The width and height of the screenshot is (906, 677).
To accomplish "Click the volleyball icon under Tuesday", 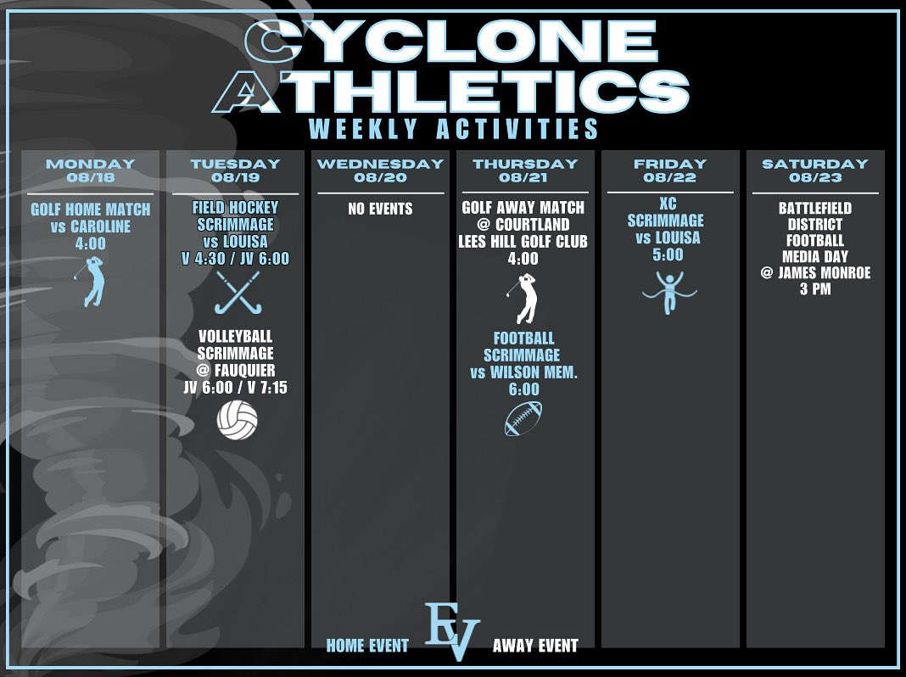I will pos(237,420).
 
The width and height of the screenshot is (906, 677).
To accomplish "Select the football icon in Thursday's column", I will pos(523,419).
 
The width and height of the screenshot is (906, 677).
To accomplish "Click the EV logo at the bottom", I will pos(452,631).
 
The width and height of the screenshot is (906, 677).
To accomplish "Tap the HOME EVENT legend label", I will pos(367,646).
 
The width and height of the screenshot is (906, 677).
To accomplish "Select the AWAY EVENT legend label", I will pos(535,646).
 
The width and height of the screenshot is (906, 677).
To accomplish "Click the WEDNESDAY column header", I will pos(380,164).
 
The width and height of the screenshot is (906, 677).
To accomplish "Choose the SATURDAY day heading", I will pos(815,164).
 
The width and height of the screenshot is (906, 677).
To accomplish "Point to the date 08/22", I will pos(669,178).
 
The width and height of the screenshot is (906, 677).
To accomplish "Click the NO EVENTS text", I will pos(380,209).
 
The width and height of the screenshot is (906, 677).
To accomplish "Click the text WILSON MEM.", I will pos(534,372).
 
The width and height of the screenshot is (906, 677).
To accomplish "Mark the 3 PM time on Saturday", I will pos(814,289).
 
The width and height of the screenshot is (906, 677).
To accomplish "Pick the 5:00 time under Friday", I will pos(668,254).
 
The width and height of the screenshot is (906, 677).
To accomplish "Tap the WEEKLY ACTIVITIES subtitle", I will pos(454,129).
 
